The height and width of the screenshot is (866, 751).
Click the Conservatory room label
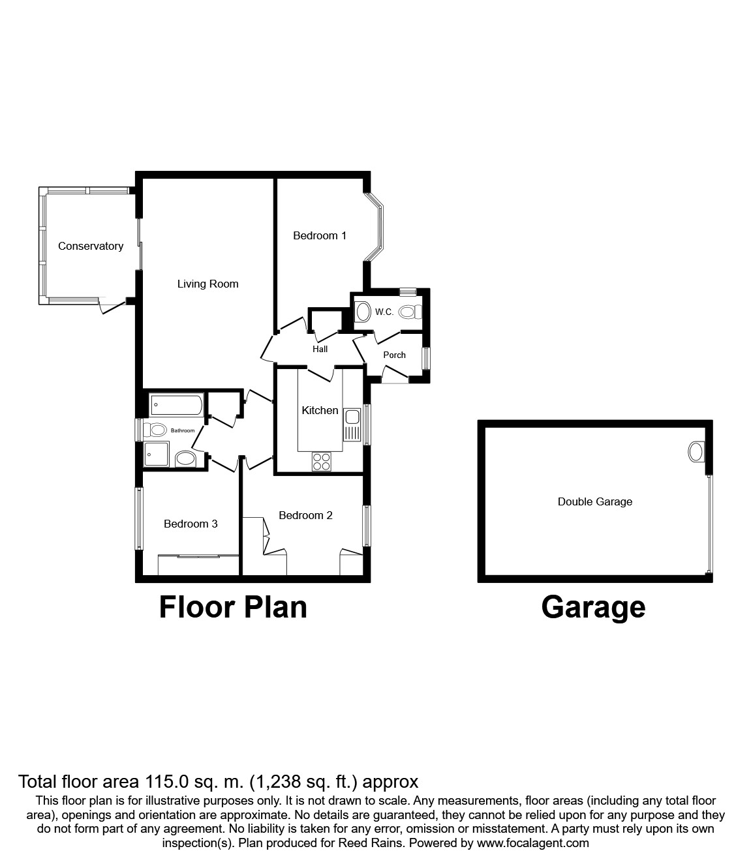[x=91, y=246]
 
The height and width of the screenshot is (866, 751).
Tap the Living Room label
[x=207, y=284]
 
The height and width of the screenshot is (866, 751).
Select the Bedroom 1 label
[x=320, y=235]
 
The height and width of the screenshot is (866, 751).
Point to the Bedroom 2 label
[x=305, y=515]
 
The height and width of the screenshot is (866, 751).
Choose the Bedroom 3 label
[x=191, y=524]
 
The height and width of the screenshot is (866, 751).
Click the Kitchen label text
[x=320, y=410]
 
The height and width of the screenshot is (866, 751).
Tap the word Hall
[x=320, y=349]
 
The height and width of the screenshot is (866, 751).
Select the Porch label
[x=394, y=355]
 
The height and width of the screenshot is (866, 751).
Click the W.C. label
[x=384, y=312]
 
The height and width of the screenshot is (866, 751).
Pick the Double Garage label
[x=594, y=501]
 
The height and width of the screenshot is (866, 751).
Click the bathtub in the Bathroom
[x=176, y=405]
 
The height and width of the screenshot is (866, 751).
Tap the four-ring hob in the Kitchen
[x=321, y=461]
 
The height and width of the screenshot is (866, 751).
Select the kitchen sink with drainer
[x=352, y=425]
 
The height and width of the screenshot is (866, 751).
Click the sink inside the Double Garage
[x=697, y=451]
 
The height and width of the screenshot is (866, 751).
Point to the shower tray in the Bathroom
[x=157, y=454]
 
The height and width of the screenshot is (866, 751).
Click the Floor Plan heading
[x=233, y=606]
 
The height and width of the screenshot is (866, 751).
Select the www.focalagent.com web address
[x=532, y=843]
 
